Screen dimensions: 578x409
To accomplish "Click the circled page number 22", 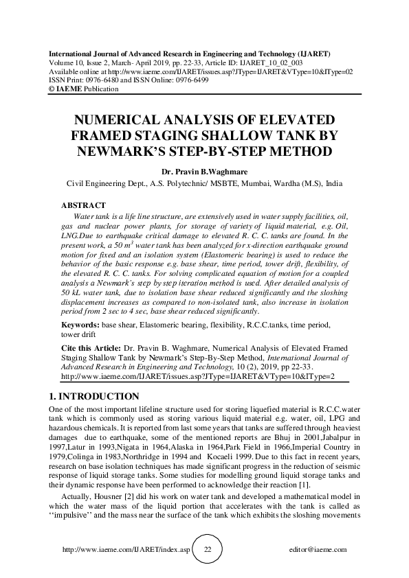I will (x=208, y=550).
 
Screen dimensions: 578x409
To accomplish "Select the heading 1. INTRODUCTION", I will (x=96, y=396).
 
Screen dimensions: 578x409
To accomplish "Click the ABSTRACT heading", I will (x=83, y=205).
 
